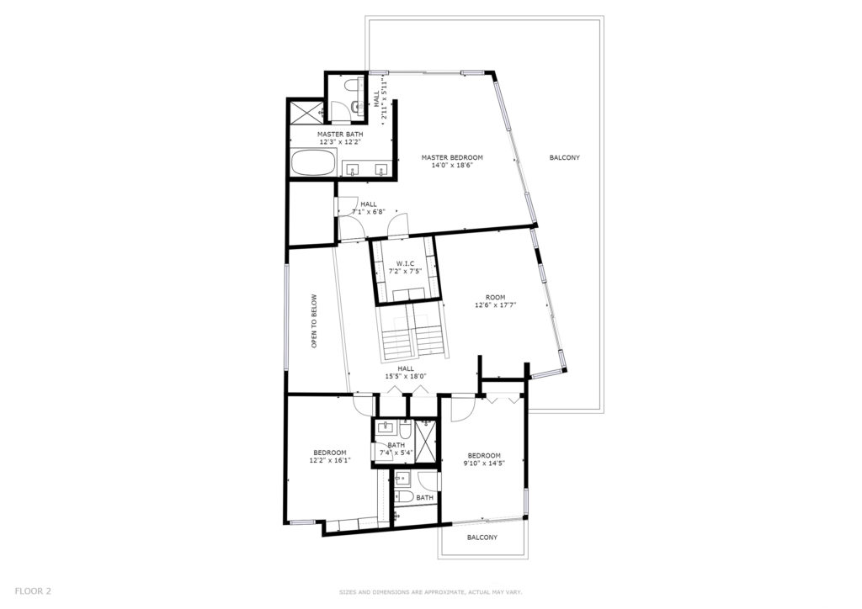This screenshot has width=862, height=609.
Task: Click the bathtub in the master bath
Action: coord(312,162)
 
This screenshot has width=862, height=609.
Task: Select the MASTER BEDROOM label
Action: coord(452,157)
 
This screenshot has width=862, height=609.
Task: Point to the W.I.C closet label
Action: coord(405,263)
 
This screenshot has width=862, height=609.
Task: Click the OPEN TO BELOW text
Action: coord(315,321)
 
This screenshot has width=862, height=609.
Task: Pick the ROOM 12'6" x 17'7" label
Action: coord(495,301)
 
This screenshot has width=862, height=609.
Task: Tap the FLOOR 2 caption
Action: coord(33,591)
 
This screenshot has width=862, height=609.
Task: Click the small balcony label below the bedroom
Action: coord(482,537)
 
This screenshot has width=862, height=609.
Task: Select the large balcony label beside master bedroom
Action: coord(565,157)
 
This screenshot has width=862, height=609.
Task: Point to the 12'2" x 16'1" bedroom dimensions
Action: coord(330,461)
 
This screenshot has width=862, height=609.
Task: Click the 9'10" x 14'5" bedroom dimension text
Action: coord(484,463)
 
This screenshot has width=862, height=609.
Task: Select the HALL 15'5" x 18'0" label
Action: coord(406,373)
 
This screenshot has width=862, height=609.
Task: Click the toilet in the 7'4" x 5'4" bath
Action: coord(405,428)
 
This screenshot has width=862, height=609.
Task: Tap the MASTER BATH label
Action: coord(340,135)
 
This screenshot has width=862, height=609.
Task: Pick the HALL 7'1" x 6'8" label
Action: coord(369,208)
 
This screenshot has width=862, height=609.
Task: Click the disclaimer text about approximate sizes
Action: coord(430,592)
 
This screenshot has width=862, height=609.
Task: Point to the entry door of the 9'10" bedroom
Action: coord(463,408)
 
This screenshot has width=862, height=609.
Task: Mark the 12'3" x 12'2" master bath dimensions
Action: coord(340,141)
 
